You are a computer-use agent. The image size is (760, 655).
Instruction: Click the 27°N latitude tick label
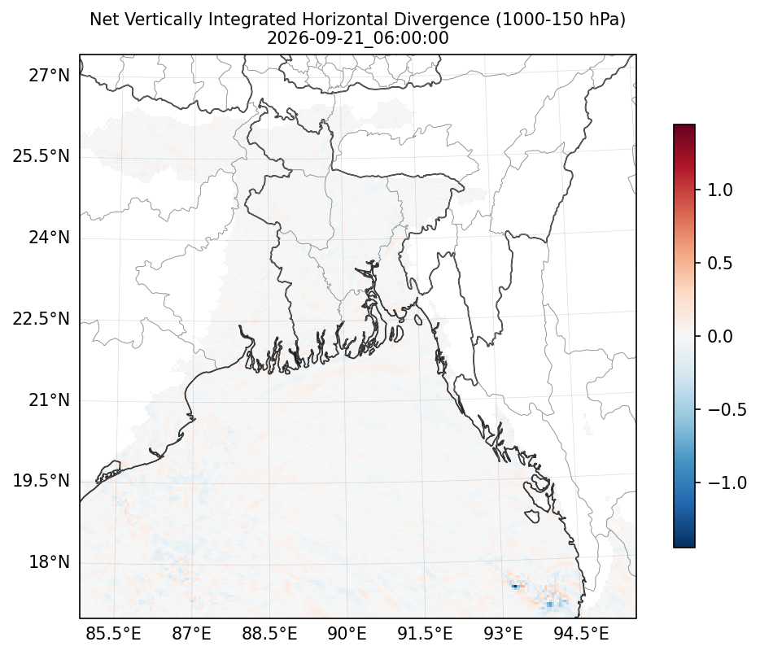(50, 76)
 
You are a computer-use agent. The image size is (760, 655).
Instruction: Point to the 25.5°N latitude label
(41, 156)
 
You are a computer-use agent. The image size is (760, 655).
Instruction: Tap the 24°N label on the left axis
(50, 238)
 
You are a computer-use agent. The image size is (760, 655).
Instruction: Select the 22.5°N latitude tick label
(41, 319)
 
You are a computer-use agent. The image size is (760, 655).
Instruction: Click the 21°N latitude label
(50, 400)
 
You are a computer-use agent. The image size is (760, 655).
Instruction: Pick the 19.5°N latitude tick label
(41, 481)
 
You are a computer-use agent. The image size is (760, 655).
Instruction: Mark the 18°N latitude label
(50, 562)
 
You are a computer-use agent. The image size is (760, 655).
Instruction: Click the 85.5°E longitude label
(113, 633)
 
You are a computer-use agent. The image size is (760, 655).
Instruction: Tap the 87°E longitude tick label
(192, 633)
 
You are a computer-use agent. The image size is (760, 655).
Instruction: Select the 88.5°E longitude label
(269, 633)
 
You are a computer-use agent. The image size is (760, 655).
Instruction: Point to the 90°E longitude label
(347, 633)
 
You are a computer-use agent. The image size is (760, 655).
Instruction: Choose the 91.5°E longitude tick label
(425, 633)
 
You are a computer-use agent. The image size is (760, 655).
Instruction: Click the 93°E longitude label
(503, 633)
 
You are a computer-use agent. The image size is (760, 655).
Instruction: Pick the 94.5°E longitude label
(581, 633)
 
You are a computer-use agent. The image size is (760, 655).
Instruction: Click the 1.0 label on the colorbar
(720, 190)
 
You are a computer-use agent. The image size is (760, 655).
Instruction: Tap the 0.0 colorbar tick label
(720, 336)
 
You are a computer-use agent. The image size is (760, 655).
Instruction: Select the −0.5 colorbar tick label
(727, 409)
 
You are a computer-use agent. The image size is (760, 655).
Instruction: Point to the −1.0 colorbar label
(727, 483)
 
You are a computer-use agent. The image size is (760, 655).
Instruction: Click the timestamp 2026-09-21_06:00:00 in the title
(358, 37)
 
